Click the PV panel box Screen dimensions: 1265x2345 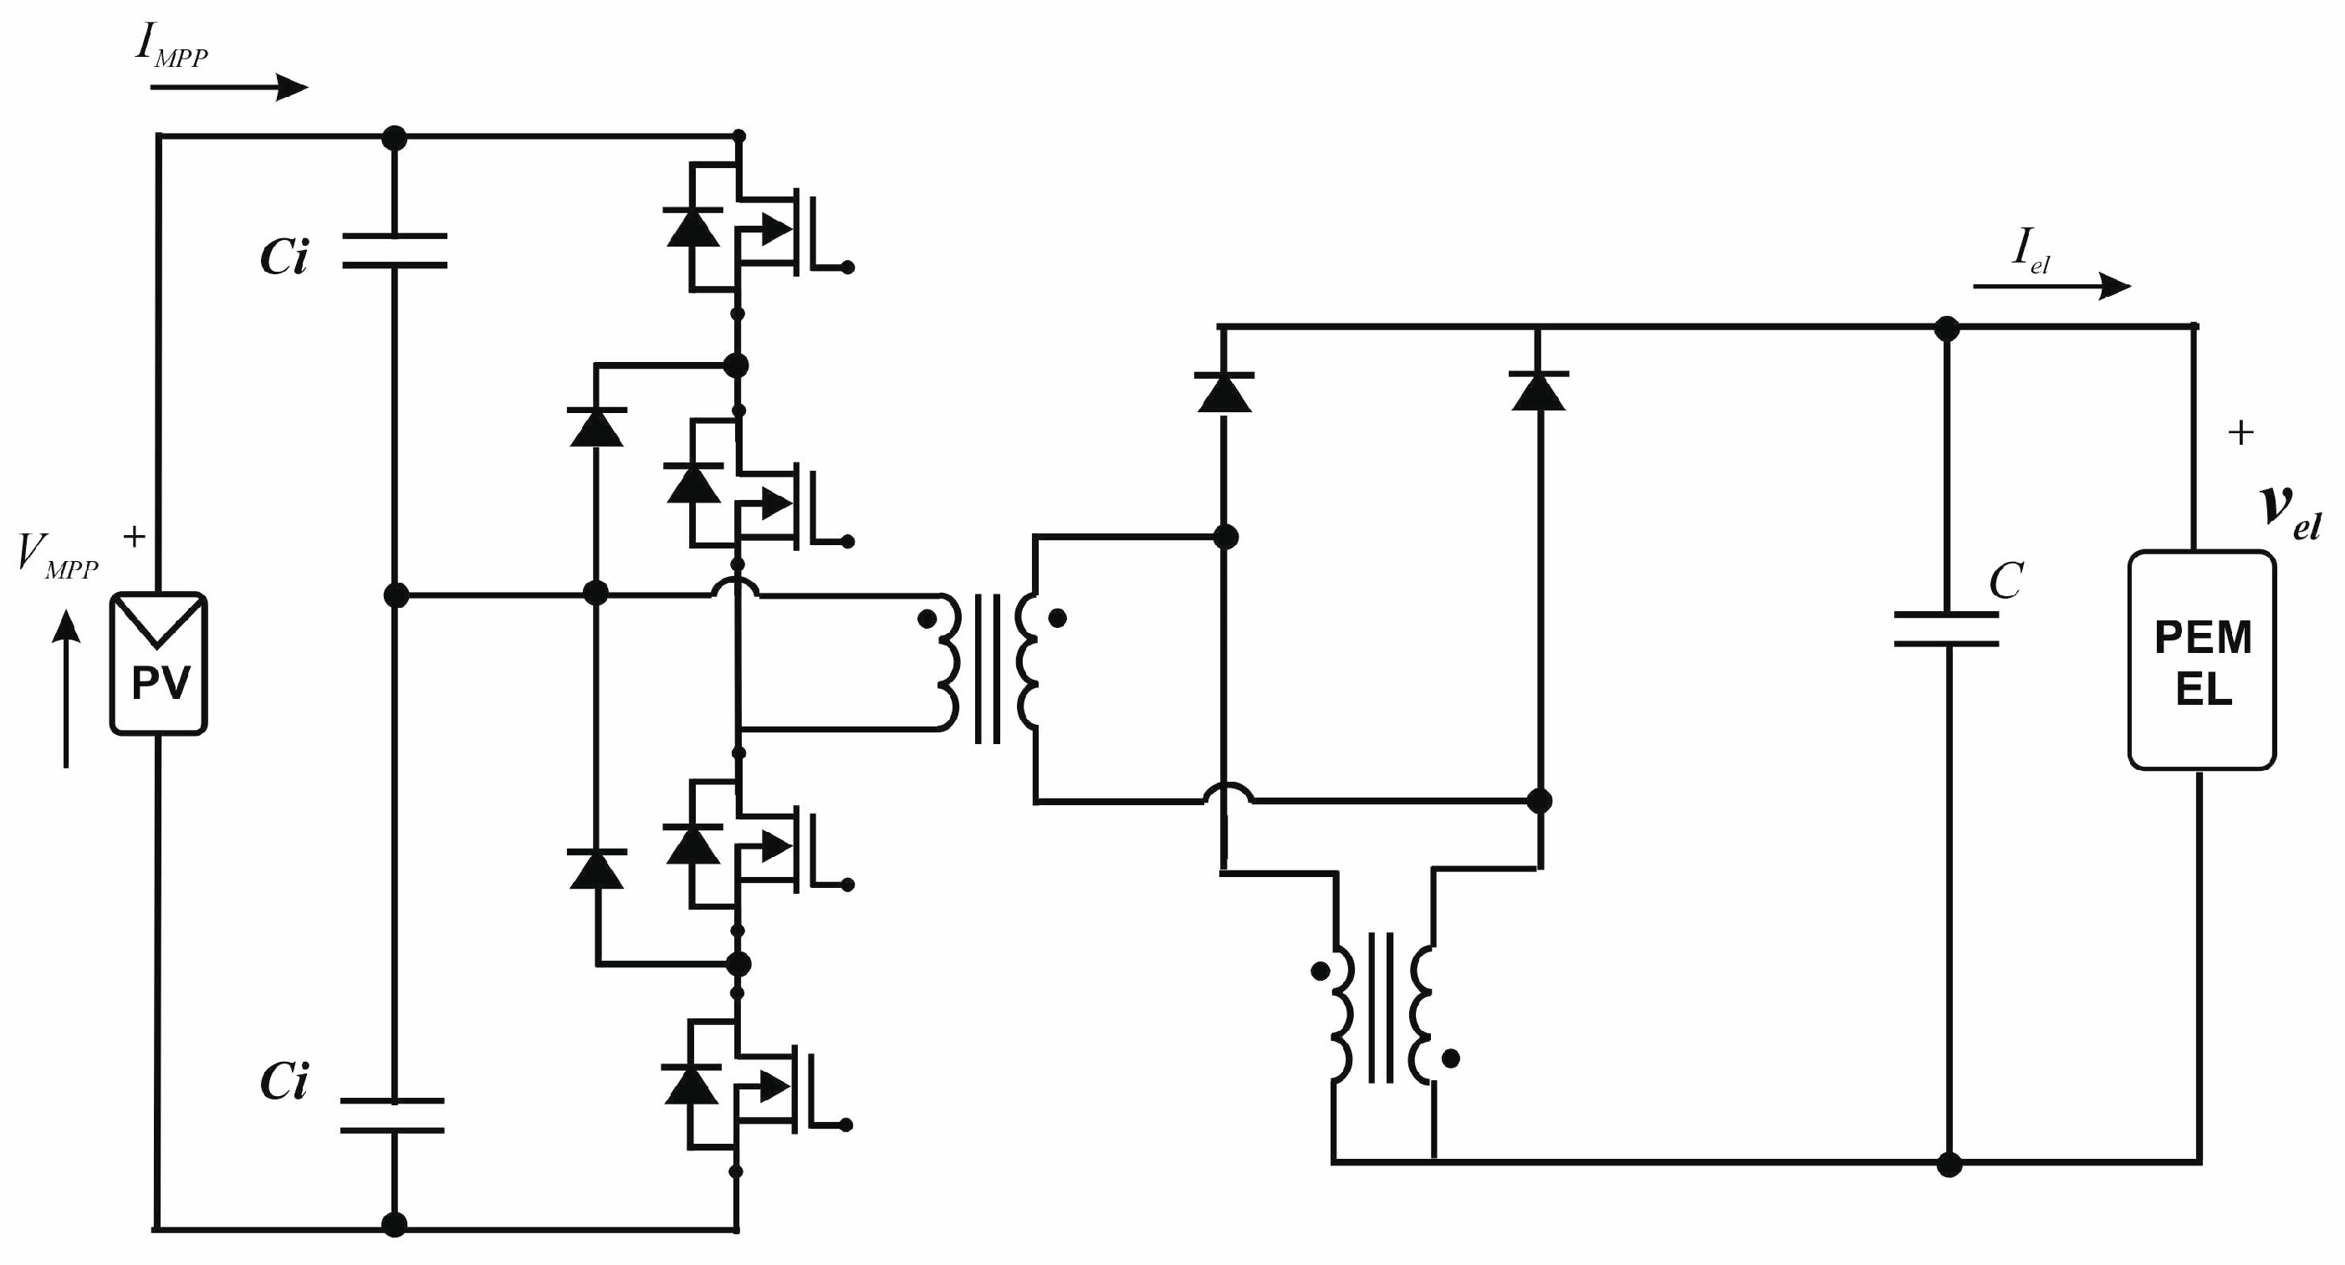pyautogui.click(x=158, y=664)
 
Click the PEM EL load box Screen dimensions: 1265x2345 pyautogui.click(x=2201, y=661)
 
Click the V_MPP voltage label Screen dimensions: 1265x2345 pyautogui.click(x=56, y=555)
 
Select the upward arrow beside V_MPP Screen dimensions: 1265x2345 pyautogui.click(x=65, y=689)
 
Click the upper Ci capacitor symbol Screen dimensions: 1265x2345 pyautogui.click(x=394, y=250)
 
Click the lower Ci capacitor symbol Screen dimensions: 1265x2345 pyautogui.click(x=392, y=1115)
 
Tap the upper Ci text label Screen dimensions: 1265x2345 pyautogui.click(x=284, y=258)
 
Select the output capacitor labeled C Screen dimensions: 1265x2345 pyautogui.click(x=1946, y=629)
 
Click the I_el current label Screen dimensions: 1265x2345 pyautogui.click(x=2029, y=249)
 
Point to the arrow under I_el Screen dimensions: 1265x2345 pyautogui.click(x=2051, y=286)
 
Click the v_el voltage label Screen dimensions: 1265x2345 pyautogui.click(x=2291, y=513)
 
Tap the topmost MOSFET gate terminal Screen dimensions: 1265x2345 pyautogui.click(x=846, y=268)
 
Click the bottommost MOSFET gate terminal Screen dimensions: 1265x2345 pyautogui.click(x=845, y=1125)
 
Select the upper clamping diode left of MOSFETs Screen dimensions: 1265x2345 pyautogui.click(x=596, y=427)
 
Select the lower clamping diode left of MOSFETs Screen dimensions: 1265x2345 pyautogui.click(x=596, y=870)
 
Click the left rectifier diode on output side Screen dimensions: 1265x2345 pyautogui.click(x=1224, y=392)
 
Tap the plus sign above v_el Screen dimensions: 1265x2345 pyautogui.click(x=2240, y=432)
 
